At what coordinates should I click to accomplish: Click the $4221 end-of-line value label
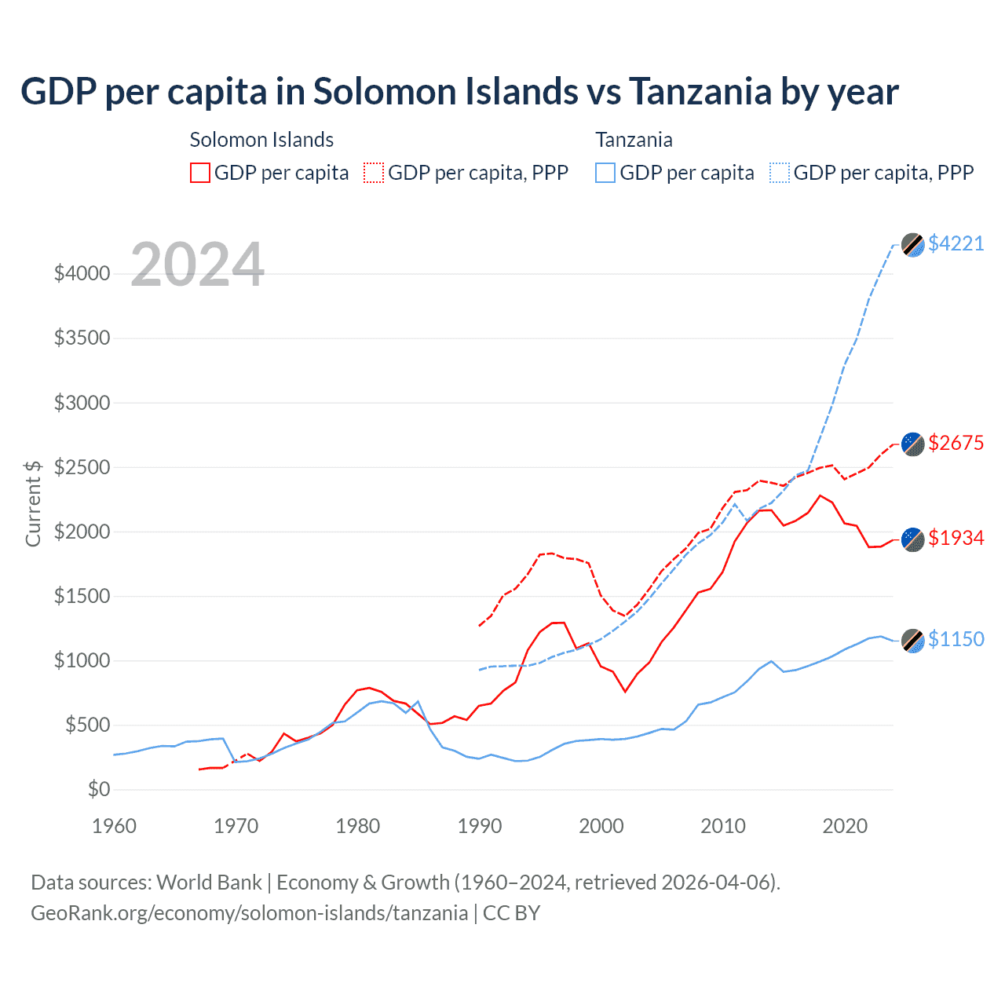(x=956, y=243)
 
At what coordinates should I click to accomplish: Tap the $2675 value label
(x=956, y=443)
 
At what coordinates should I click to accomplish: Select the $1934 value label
(x=956, y=538)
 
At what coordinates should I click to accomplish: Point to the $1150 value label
(x=956, y=639)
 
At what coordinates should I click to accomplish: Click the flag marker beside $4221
(x=912, y=244)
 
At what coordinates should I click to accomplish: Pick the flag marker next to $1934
(x=912, y=539)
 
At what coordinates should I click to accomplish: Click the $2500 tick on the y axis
(x=82, y=467)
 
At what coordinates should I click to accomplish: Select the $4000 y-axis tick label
(x=82, y=274)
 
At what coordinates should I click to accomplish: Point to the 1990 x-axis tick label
(x=480, y=826)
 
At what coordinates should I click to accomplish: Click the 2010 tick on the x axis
(x=723, y=826)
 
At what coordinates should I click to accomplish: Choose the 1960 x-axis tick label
(x=115, y=826)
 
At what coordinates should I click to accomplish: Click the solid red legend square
(x=200, y=173)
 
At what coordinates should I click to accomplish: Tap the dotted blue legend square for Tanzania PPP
(x=780, y=173)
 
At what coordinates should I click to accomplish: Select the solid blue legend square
(x=605, y=173)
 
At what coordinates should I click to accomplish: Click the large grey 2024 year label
(x=198, y=265)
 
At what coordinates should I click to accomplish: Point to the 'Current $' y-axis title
(x=33, y=503)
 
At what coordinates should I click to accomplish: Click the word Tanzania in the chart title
(x=700, y=92)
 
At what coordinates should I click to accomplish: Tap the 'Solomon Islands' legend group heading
(x=261, y=140)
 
